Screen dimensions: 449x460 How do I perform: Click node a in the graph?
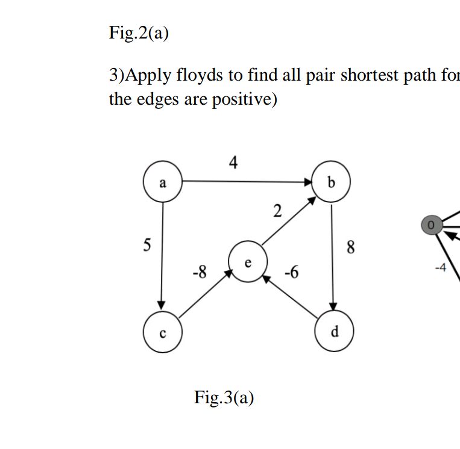pyautogui.click(x=162, y=182)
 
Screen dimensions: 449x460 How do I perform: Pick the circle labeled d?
pyautogui.click(x=335, y=331)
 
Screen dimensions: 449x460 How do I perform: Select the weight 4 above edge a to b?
pyautogui.click(x=233, y=161)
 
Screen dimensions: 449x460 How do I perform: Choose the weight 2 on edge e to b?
pyautogui.click(x=277, y=211)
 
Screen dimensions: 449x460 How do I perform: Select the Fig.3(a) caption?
pyautogui.click(x=224, y=398)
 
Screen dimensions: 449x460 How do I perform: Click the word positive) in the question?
pyautogui.click(x=244, y=99)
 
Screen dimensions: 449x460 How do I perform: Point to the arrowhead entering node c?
pyautogui.click(x=162, y=309)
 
